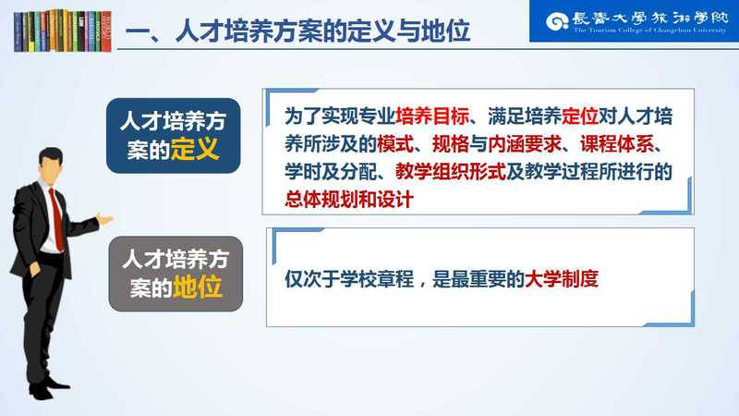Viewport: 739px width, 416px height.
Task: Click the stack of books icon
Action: tap(63, 31)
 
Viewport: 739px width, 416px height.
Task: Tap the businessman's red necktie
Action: tap(57, 219)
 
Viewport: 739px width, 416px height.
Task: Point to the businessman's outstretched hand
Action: tap(104, 219)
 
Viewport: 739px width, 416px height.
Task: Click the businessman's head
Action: tap(50, 165)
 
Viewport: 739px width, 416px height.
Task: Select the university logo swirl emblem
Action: tap(557, 21)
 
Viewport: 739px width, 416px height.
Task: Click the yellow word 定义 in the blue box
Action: tap(195, 150)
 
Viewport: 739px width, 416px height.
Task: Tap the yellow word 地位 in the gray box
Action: tap(197, 287)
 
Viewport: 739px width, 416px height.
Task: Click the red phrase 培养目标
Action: tap(432, 116)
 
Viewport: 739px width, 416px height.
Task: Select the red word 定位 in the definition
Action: tap(580, 116)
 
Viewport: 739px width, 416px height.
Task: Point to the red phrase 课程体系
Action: tap(616, 144)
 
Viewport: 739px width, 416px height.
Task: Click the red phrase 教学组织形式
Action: tap(451, 172)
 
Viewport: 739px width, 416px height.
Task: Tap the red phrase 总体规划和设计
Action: tap(349, 200)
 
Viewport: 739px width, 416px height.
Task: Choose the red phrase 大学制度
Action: tap(562, 279)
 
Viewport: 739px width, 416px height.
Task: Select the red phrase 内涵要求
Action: tap(525, 144)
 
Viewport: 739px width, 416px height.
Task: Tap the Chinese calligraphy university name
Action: tap(650, 18)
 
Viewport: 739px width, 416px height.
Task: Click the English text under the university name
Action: tap(650, 31)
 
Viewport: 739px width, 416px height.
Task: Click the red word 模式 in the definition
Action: tap(395, 144)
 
